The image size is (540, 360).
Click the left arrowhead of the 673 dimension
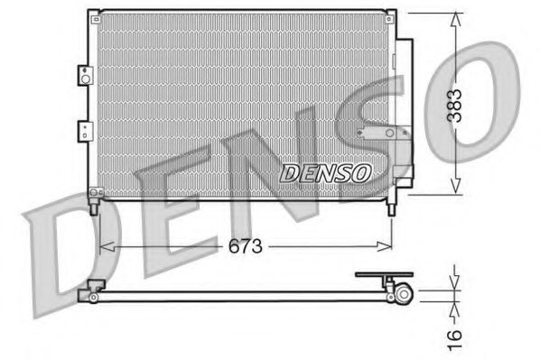click(102, 245)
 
